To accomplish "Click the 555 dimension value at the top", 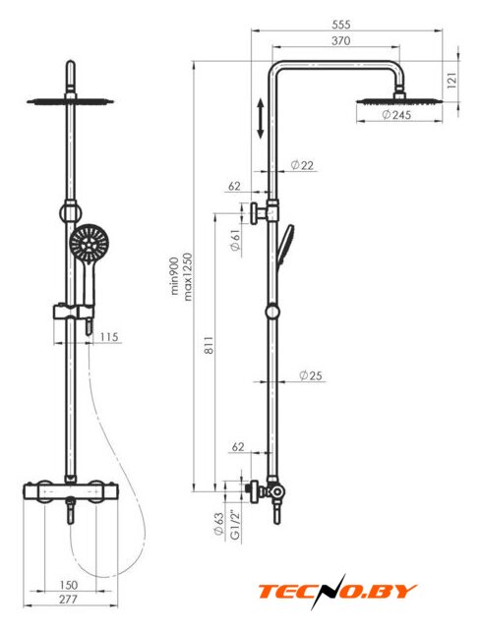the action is (x=341, y=25).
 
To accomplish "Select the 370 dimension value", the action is (x=341, y=40).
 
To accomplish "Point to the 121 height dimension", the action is (x=451, y=81).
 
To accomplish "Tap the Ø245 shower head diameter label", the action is (x=395, y=115).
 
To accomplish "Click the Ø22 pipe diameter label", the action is (x=302, y=165).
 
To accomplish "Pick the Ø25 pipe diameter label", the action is (x=311, y=375).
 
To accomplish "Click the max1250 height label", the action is (x=188, y=277).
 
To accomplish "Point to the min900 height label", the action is (x=175, y=277).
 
